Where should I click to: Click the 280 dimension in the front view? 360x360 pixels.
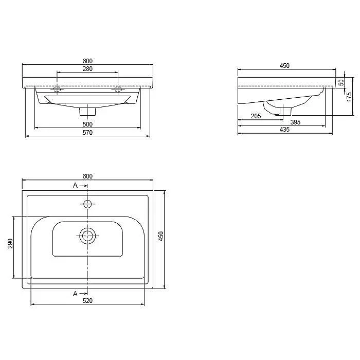87,68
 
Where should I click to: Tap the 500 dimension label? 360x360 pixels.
87,124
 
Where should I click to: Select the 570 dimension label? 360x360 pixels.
87,133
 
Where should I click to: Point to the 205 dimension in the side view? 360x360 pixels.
256,116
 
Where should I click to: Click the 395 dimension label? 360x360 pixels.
295,122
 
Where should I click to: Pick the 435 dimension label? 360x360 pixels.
284,130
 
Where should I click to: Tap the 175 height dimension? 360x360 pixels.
349,97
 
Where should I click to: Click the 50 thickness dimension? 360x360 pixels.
341,82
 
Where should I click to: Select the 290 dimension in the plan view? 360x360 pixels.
10,243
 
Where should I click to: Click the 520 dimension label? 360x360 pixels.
87,300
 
